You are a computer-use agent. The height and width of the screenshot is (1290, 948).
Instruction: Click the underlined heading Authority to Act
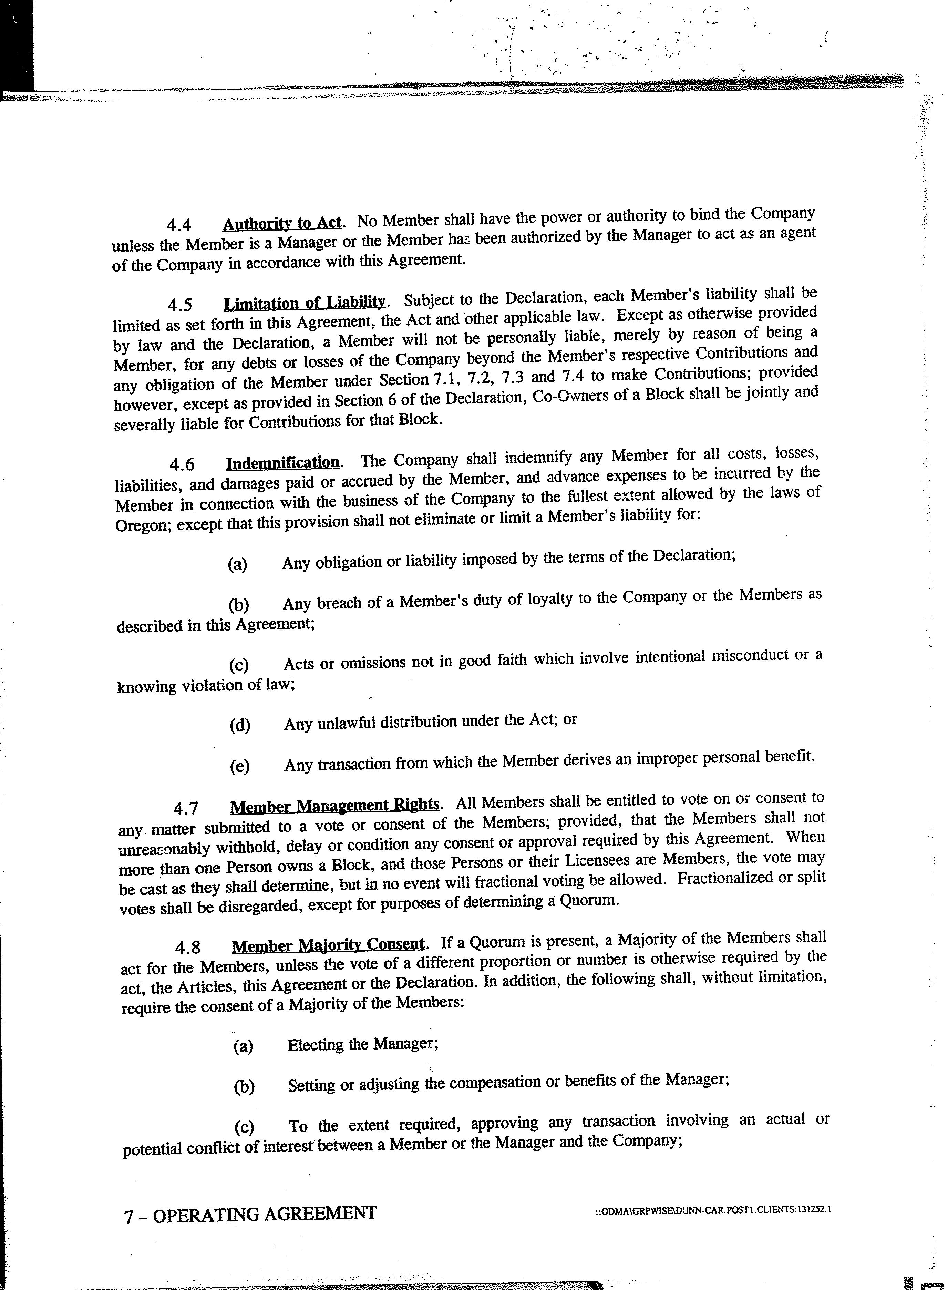click(282, 223)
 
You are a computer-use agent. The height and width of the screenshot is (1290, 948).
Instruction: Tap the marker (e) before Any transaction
click(239, 767)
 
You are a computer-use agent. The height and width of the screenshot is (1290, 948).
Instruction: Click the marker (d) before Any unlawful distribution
click(240, 725)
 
